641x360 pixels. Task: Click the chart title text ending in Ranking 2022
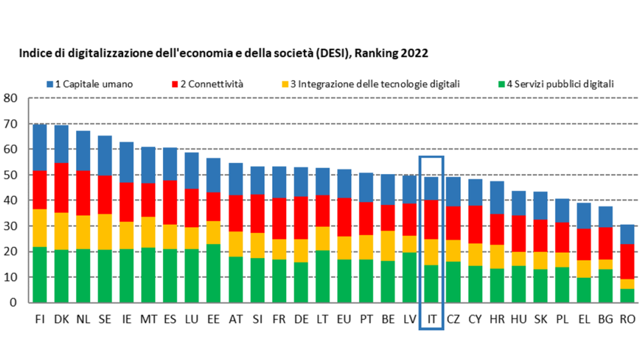pyautogui.click(x=224, y=52)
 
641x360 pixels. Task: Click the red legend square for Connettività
pyautogui.click(x=175, y=84)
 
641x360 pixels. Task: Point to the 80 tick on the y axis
pyautogui.click(x=11, y=99)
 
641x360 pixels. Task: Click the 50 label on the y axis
pyautogui.click(x=11, y=175)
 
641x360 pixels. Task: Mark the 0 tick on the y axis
pyautogui.click(x=13, y=303)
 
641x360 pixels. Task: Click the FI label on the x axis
pyautogui.click(x=40, y=319)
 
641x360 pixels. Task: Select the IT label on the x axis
pyautogui.click(x=432, y=319)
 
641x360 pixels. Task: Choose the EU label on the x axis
pyautogui.click(x=344, y=319)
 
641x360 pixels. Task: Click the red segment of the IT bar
pyautogui.click(x=432, y=219)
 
